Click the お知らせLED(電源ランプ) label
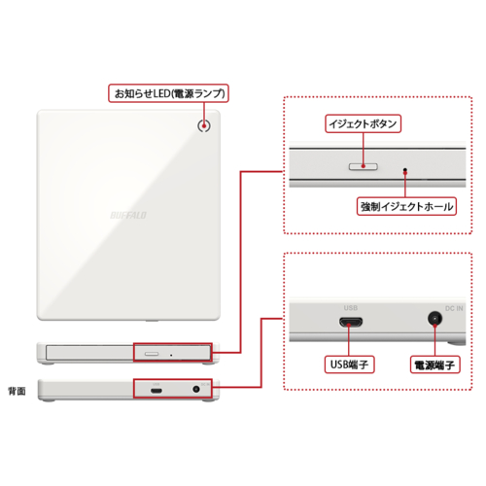169,94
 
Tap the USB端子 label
347,365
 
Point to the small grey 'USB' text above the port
350,307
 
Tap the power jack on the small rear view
198,390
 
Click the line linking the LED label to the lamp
205,110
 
